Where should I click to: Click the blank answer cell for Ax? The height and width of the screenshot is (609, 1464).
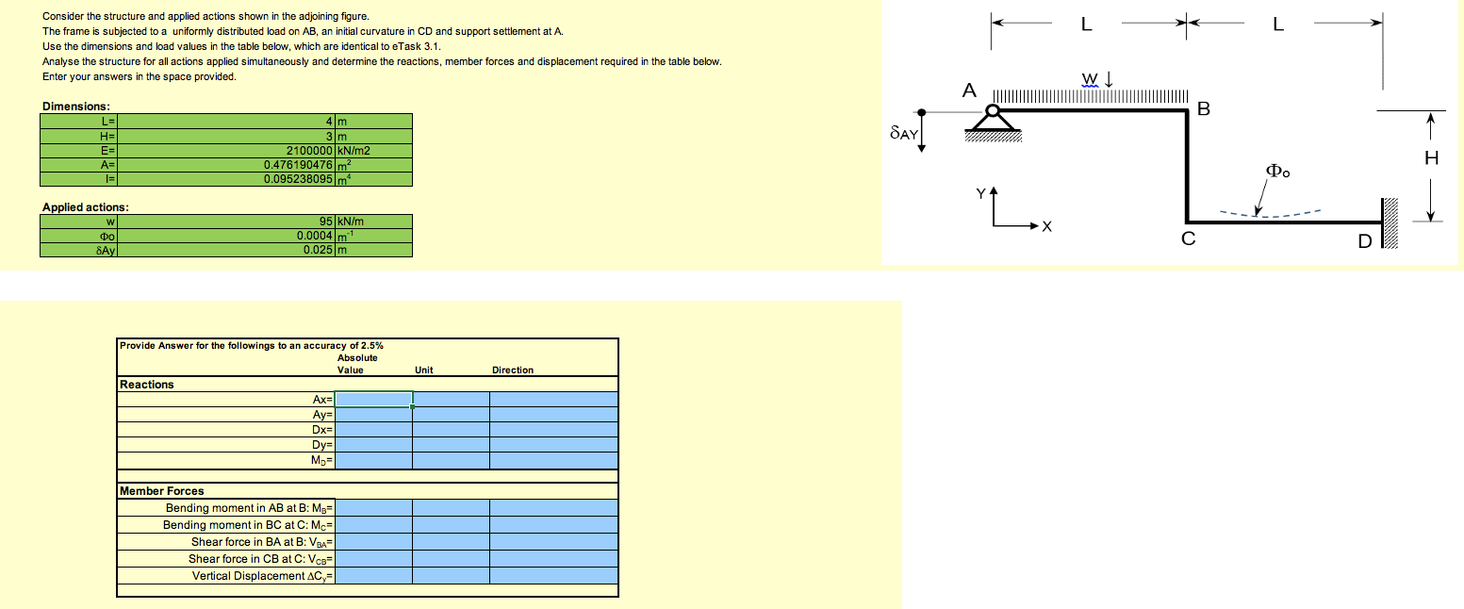pyautogui.click(x=373, y=399)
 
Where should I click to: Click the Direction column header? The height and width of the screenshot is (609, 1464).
pyautogui.click(x=513, y=370)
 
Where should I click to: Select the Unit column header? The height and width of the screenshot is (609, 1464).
pyautogui.click(x=424, y=370)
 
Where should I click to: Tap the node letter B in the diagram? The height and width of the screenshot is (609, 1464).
pyautogui.click(x=1202, y=107)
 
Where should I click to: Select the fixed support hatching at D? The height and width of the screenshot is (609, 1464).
pyautogui.click(x=1392, y=222)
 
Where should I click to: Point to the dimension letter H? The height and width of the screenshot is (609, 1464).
pyautogui.click(x=1431, y=159)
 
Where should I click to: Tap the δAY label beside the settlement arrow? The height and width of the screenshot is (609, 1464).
pyautogui.click(x=903, y=135)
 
